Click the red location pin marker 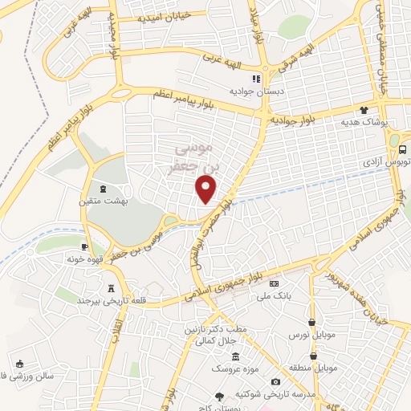tap(207, 189)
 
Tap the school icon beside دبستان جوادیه tap(256, 79)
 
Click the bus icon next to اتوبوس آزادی tap(401, 149)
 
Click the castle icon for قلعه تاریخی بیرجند tap(110, 288)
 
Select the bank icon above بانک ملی tap(275, 283)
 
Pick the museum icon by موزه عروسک tap(235, 356)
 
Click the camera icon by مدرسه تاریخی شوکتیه tap(277, 381)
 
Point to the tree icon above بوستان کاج tap(219, 397)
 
